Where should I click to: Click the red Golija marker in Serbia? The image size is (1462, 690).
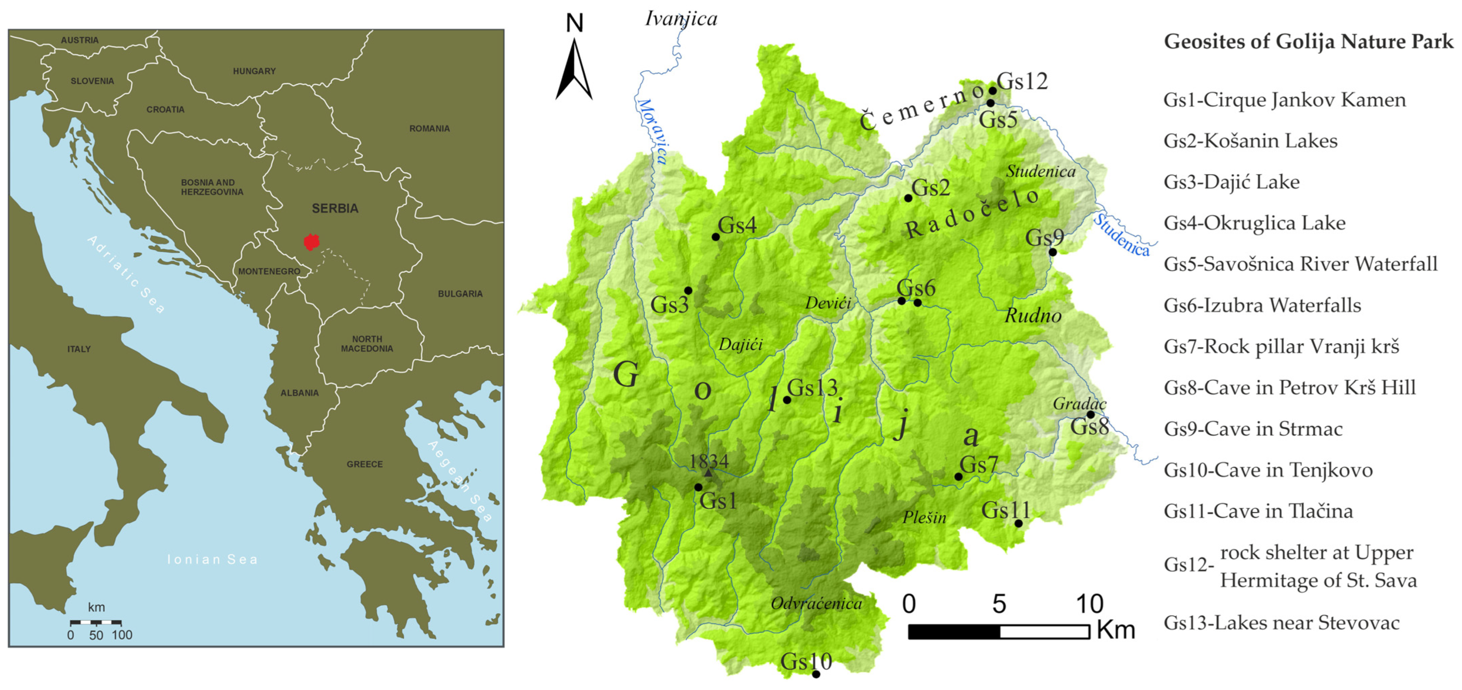(311, 242)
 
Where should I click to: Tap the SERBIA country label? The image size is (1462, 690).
(335, 209)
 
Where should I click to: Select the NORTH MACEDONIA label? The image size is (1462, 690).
(367, 344)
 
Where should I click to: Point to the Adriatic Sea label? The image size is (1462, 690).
(126, 275)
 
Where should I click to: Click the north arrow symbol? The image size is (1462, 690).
(574, 68)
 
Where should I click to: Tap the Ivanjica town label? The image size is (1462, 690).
(681, 19)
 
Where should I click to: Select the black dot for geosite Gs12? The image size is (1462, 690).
(993, 90)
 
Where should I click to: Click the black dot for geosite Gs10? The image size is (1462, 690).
(816, 674)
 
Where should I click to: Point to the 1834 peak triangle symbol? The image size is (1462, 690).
(708, 472)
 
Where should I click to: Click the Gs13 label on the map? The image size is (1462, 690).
(812, 388)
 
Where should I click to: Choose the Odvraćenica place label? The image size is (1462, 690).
(816, 603)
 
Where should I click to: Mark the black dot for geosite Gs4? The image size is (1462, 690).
(716, 237)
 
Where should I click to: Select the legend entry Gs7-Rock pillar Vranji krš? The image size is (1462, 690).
(1281, 346)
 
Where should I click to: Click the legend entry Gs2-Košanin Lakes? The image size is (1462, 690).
(1250, 141)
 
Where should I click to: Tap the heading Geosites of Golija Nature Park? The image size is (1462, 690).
(1308, 41)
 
